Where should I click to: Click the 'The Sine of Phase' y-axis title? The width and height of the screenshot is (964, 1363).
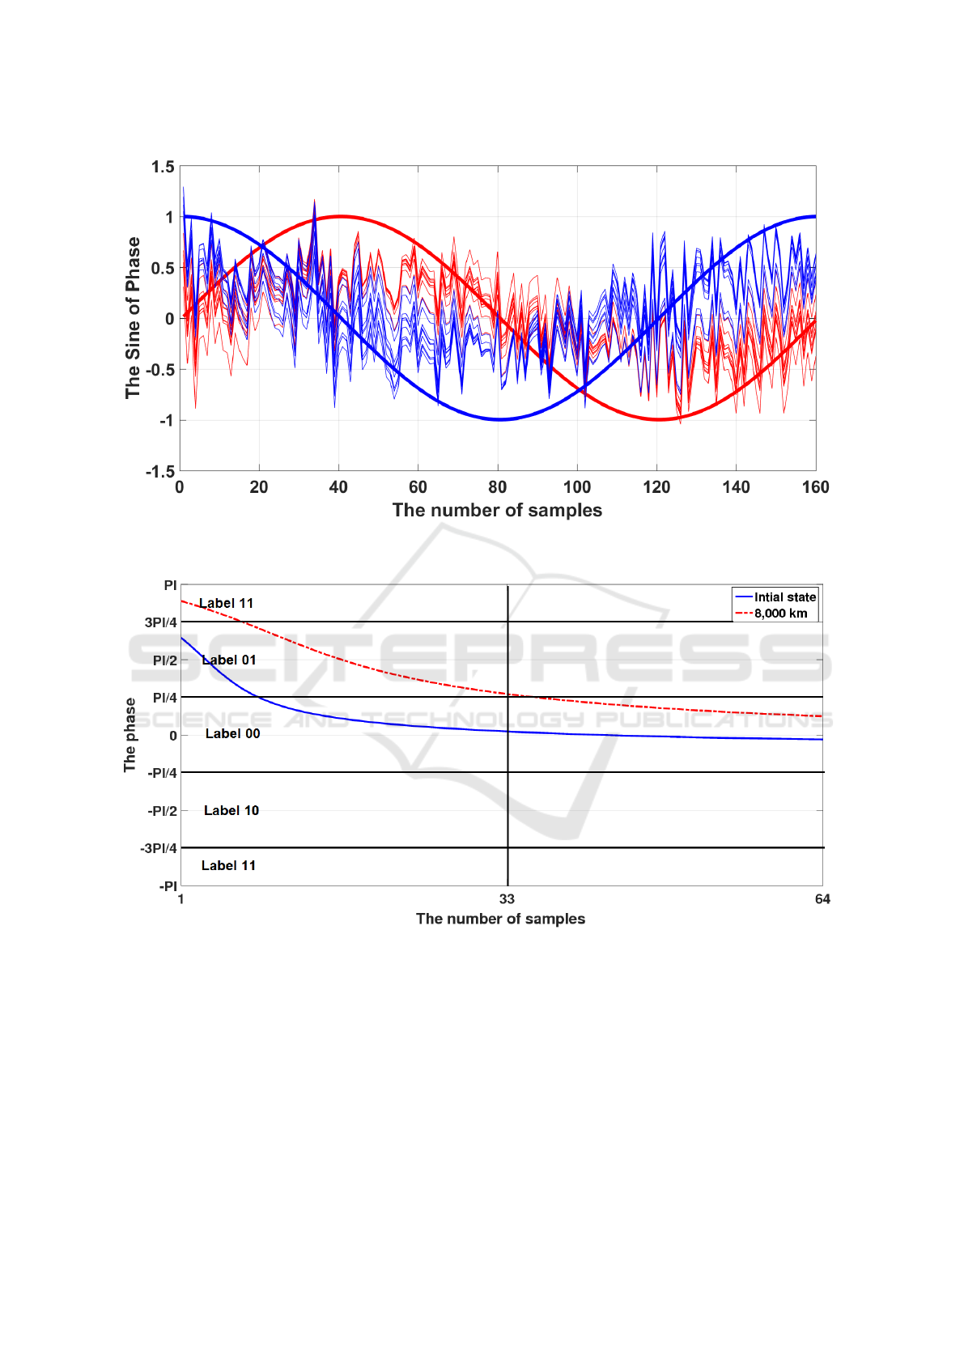point(133,318)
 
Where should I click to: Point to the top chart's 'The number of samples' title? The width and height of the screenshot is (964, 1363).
point(497,511)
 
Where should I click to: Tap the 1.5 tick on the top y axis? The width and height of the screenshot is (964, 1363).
point(163,167)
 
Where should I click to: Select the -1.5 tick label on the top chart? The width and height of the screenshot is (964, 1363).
point(160,471)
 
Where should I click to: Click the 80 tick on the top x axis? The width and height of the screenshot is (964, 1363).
point(497,487)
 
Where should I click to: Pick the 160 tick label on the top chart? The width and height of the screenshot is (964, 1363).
point(815,487)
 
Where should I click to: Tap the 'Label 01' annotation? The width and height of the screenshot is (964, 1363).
point(229,660)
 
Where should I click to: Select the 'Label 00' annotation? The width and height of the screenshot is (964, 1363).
point(232,734)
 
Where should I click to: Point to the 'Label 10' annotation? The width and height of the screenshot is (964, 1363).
point(231,811)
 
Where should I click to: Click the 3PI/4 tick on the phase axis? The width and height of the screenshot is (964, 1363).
point(160,622)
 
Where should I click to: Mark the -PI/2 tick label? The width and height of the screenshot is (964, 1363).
point(162,811)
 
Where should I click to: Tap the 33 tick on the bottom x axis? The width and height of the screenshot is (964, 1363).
point(507,899)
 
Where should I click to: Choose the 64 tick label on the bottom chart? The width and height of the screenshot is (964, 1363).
point(822,899)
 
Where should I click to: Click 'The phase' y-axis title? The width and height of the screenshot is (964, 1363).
point(130,735)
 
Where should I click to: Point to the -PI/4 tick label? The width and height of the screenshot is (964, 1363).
point(162,773)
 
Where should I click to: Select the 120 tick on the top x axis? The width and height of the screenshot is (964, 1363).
point(656,487)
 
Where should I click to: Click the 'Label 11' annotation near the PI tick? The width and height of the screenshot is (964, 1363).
point(227,604)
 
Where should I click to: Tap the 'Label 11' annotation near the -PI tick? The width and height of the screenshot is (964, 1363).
point(228,866)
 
